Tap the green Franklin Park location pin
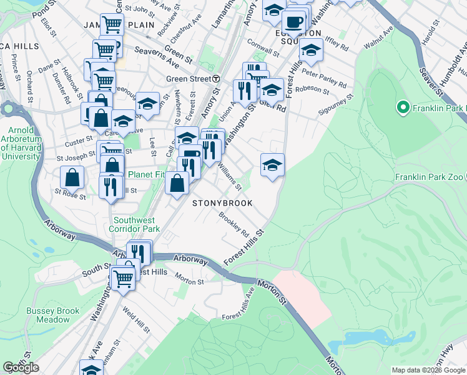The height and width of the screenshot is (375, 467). [403, 109]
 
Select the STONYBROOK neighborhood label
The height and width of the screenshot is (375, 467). [222, 203]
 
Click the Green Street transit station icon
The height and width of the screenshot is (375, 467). [215, 79]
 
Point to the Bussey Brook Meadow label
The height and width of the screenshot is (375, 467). [53, 315]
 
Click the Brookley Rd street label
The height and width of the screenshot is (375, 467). [234, 223]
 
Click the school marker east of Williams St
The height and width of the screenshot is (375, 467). [272, 166]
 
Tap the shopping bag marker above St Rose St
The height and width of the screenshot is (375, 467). [73, 177]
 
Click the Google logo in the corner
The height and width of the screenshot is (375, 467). [21, 367]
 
